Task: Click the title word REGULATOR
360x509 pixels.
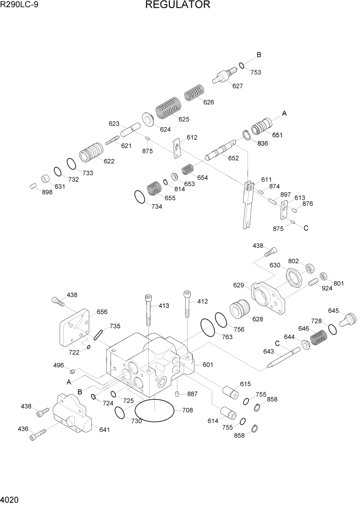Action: point(177,5)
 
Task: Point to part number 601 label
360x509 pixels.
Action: point(208,365)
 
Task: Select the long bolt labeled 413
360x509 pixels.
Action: point(148,310)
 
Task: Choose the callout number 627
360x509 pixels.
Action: point(237,86)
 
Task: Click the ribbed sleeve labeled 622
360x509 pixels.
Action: point(92,152)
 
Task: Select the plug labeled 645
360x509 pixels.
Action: point(348,319)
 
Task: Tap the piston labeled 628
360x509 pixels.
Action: point(239,311)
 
